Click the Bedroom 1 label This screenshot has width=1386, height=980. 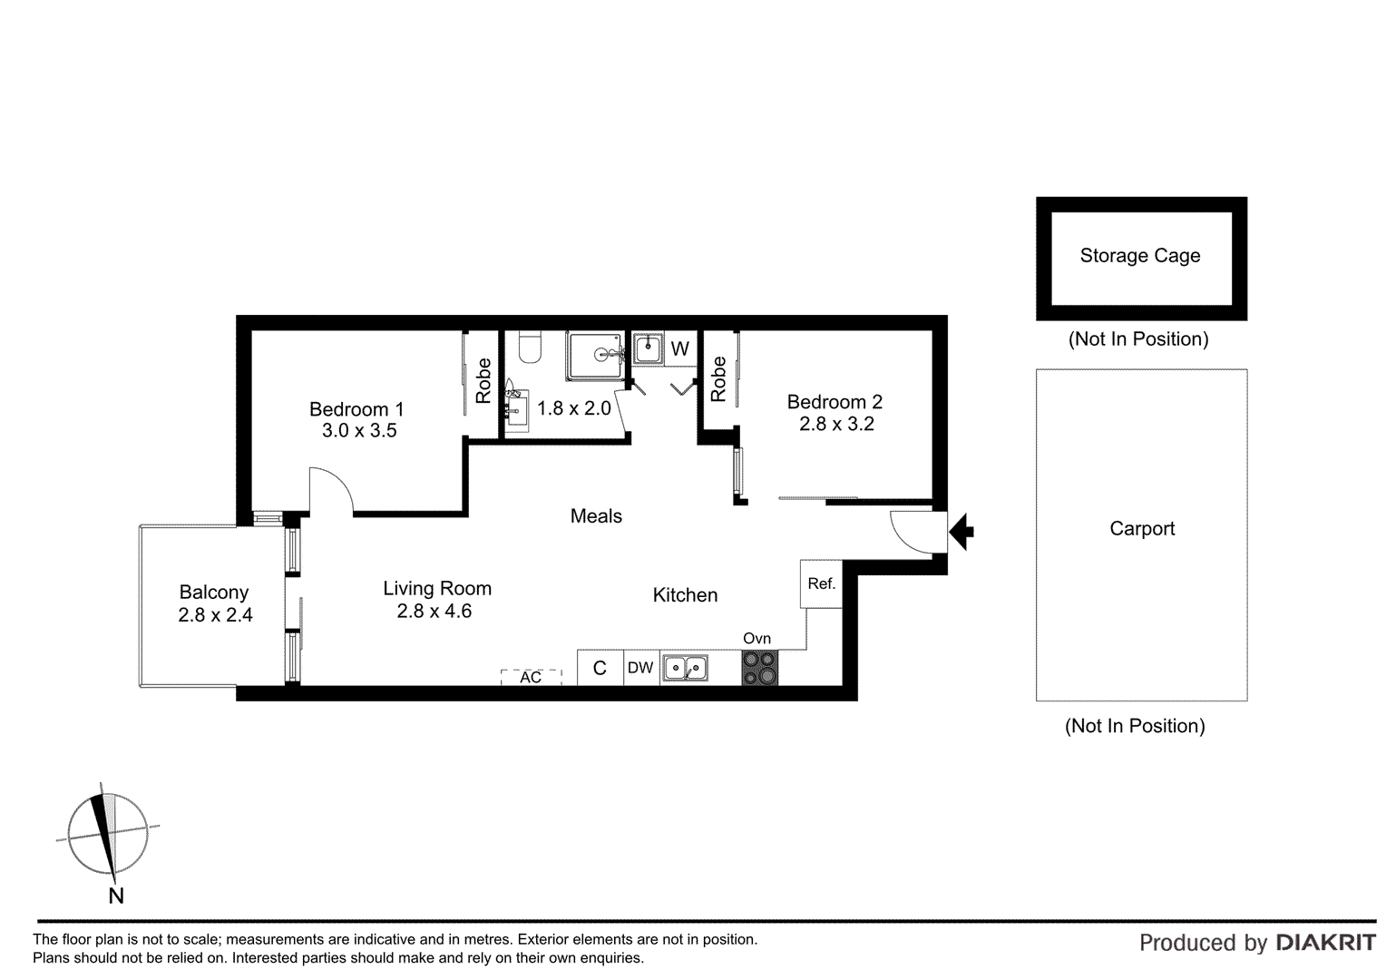pyautogui.click(x=356, y=409)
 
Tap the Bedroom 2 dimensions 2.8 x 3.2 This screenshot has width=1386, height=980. pyautogui.click(x=836, y=424)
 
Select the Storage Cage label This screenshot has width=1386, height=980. pyautogui.click(x=1139, y=256)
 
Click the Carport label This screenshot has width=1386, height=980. pyautogui.click(x=1141, y=528)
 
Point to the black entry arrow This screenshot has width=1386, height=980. pyautogui.click(x=961, y=531)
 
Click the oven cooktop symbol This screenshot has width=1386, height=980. pyautogui.click(x=759, y=668)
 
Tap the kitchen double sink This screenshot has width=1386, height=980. pyautogui.click(x=685, y=668)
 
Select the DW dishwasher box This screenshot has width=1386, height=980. pyautogui.click(x=640, y=668)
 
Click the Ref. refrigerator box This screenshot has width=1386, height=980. pyautogui.click(x=821, y=583)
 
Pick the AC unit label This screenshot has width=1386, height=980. pyautogui.click(x=531, y=677)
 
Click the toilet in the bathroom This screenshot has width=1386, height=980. pyautogui.click(x=530, y=347)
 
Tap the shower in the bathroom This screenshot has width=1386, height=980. pyautogui.click(x=596, y=355)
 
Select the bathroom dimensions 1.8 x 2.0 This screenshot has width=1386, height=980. pyautogui.click(x=573, y=408)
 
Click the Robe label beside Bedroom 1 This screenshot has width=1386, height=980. pyautogui.click(x=483, y=380)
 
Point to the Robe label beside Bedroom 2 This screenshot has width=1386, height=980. pyautogui.click(x=718, y=378)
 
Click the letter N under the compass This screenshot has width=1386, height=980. pyautogui.click(x=116, y=896)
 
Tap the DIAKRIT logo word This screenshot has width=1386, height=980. pyautogui.click(x=1325, y=943)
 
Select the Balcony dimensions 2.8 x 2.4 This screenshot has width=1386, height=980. pyautogui.click(x=215, y=615)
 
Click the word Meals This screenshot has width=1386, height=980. pyautogui.click(x=596, y=516)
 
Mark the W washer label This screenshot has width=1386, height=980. pyautogui.click(x=679, y=348)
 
